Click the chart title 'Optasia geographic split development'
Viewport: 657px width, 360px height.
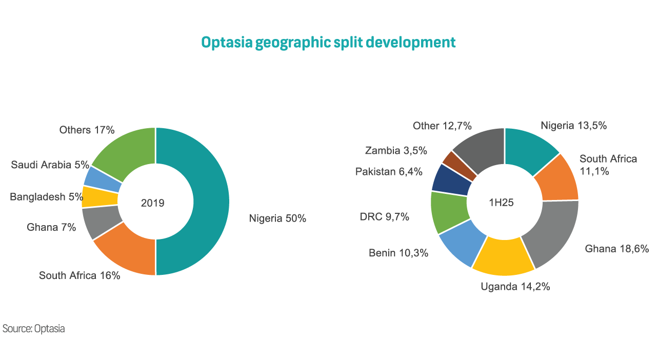click(x=328, y=42)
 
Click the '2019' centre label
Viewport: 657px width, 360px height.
click(x=152, y=203)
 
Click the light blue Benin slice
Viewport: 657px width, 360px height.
click(x=462, y=247)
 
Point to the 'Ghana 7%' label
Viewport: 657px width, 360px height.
click(x=51, y=227)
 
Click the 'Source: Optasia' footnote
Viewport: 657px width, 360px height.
click(x=34, y=329)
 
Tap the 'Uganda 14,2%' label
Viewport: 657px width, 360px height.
click(x=515, y=287)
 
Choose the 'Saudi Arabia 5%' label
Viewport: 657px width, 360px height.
click(x=50, y=165)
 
